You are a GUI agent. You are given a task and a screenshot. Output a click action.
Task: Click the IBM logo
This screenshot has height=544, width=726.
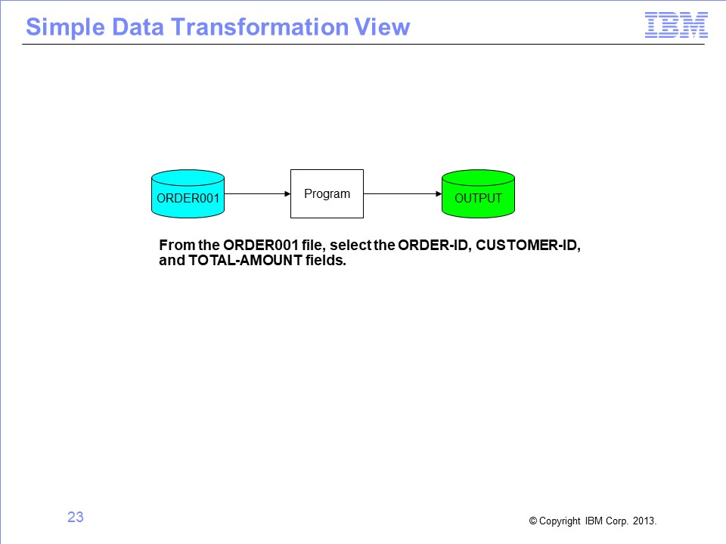(x=676, y=26)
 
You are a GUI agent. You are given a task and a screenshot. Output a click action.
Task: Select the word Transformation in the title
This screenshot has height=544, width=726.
(x=260, y=27)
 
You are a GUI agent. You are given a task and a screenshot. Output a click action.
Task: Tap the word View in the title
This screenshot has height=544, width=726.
(x=382, y=27)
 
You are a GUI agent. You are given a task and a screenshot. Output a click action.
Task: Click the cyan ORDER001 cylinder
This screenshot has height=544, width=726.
(x=188, y=194)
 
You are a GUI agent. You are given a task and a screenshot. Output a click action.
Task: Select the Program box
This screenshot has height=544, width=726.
(x=327, y=194)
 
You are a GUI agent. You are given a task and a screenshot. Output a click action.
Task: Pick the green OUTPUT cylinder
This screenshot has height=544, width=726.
(x=478, y=194)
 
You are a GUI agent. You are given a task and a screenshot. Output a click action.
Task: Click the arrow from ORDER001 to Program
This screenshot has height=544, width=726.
(x=257, y=194)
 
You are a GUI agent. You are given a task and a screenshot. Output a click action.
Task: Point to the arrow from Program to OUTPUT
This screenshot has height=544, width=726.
(x=403, y=194)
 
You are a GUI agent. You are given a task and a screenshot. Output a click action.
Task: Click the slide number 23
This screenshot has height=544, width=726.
(x=76, y=517)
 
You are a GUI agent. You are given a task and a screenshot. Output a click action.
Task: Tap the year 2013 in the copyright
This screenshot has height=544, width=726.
(x=644, y=521)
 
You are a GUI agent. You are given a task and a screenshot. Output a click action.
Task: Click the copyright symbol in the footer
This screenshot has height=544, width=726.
(x=533, y=521)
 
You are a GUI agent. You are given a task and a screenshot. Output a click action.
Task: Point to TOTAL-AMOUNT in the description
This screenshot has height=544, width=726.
(x=245, y=261)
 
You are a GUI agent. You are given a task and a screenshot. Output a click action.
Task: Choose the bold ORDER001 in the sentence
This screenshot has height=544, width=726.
(x=261, y=245)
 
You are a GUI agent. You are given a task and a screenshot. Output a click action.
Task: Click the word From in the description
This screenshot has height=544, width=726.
(x=177, y=245)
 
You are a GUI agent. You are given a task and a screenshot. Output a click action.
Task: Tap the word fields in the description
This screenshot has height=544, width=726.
(x=326, y=261)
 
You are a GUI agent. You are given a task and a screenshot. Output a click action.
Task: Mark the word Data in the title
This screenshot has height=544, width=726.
(x=138, y=27)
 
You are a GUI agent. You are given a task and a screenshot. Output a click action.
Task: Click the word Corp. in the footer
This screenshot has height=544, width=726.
(x=617, y=521)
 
